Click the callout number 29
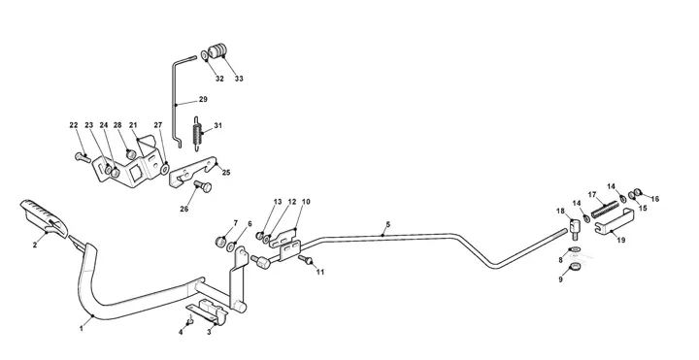pyautogui.click(x=203, y=99)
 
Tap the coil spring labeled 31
pyautogui.click(x=196, y=135)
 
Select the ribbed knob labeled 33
pyautogui.click(x=217, y=50)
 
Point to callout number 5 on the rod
pyautogui.click(x=387, y=224)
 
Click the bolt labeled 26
pyautogui.click(x=203, y=185)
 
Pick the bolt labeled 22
pyautogui.click(x=83, y=157)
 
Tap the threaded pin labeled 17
pyautogui.click(x=605, y=209)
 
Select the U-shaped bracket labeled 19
pyautogui.click(x=616, y=222)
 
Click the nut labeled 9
pyautogui.click(x=574, y=268)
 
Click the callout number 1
pyautogui.click(x=82, y=329)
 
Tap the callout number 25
pyautogui.click(x=226, y=173)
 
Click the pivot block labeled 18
pyautogui.click(x=574, y=227)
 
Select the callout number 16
pyautogui.click(x=655, y=199)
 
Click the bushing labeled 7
pyautogui.click(x=220, y=242)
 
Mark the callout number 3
pyautogui.click(x=210, y=332)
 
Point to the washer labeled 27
pyautogui.click(x=165, y=169)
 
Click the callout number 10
pyautogui.click(x=306, y=202)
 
